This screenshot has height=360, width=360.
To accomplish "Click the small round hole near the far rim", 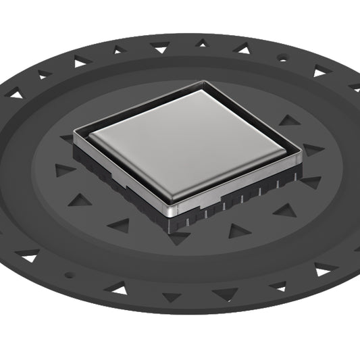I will (282, 59).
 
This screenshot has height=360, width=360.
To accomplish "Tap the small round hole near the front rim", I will (68, 275).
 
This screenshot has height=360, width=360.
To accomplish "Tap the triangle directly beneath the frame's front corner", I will (178, 237).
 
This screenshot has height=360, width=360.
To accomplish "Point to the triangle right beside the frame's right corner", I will (313, 149).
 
